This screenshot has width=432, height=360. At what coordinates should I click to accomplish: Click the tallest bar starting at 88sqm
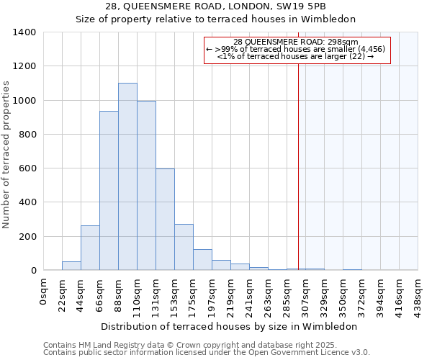tap(127, 176)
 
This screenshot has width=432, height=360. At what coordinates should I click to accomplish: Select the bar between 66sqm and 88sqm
tap(109, 191)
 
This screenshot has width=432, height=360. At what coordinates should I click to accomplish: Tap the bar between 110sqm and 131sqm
tap(146, 186)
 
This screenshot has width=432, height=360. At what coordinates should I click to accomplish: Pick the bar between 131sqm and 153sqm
tap(165, 220)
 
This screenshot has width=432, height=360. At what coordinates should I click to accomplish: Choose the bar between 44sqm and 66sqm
tap(90, 248)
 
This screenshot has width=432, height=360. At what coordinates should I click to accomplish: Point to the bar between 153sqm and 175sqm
tap(184, 247)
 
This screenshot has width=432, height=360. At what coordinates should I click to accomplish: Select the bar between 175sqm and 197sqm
tap(202, 260)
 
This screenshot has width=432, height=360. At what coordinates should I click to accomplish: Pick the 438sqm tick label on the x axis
tap(418, 294)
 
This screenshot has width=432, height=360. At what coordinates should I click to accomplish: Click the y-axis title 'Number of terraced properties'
tap(6, 154)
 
